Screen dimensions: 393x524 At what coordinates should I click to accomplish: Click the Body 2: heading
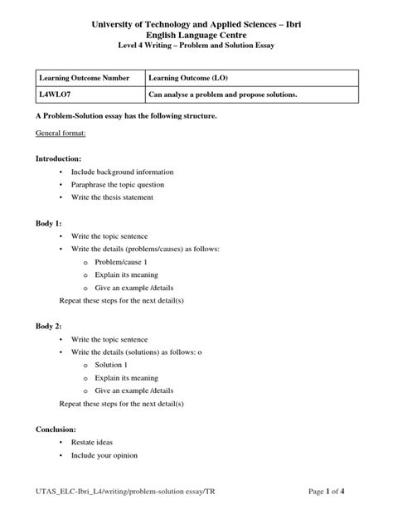tap(50, 325)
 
